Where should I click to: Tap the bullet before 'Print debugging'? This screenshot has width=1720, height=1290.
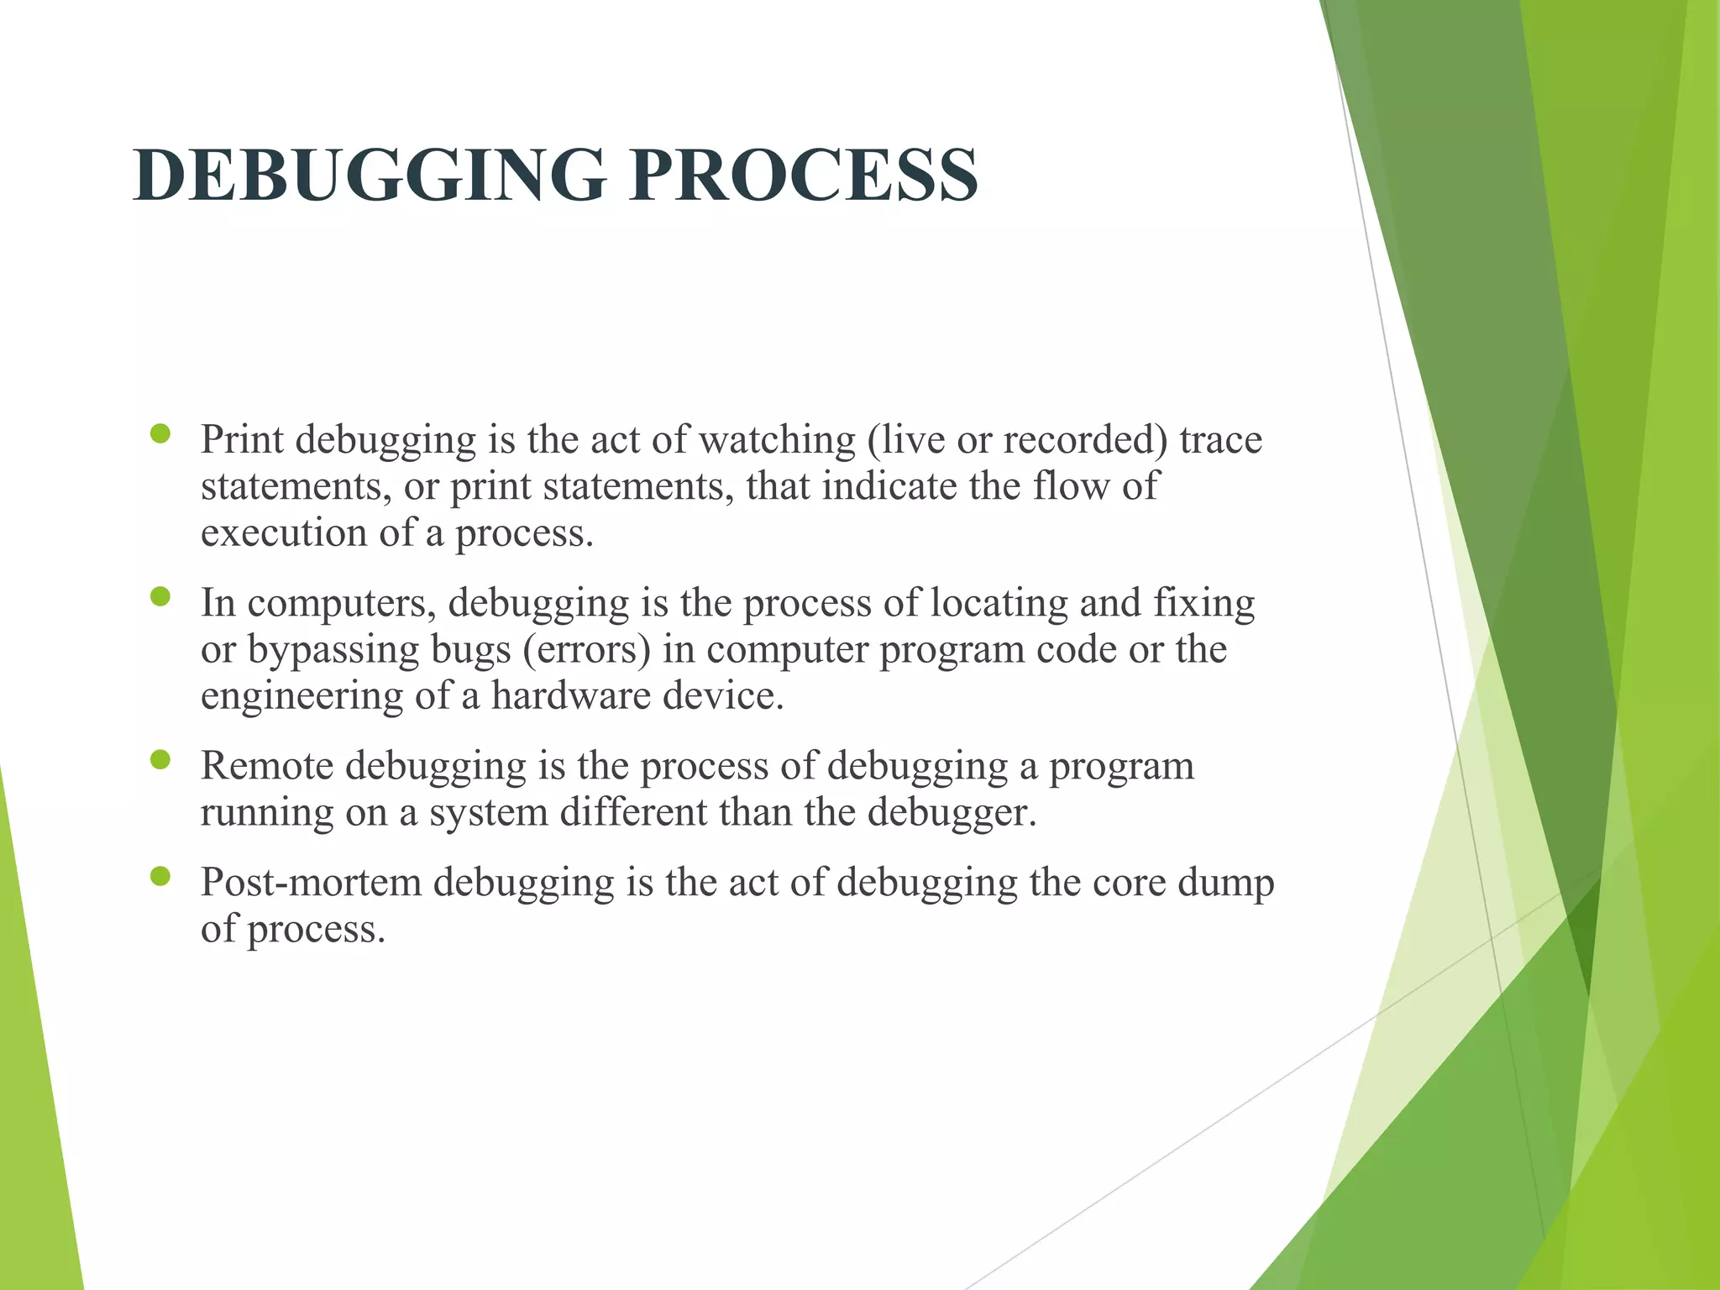tap(160, 434)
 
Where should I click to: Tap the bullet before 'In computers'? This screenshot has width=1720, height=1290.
tap(160, 597)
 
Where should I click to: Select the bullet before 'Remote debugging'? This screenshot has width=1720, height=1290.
tap(160, 760)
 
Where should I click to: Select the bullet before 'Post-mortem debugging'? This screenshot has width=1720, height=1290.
tap(160, 877)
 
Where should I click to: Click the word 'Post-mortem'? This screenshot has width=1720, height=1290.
tap(310, 883)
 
